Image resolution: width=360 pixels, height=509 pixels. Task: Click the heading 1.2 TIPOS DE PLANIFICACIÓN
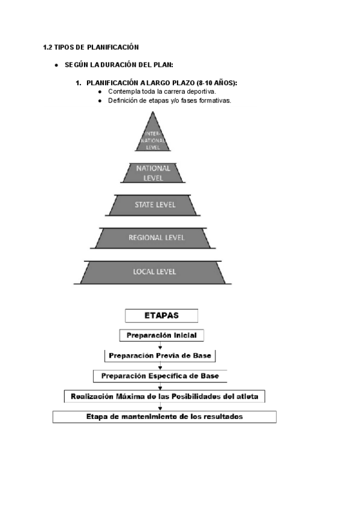91,47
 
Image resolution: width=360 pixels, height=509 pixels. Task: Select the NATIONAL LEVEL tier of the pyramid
153,172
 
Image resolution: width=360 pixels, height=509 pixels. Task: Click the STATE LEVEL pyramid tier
154,205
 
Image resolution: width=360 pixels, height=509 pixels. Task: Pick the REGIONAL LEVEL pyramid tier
154,238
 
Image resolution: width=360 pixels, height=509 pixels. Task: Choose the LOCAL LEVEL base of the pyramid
154,272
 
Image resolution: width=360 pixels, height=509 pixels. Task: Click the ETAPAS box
161,315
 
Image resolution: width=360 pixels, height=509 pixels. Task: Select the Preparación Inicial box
162,335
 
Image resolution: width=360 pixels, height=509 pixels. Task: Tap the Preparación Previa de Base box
161,355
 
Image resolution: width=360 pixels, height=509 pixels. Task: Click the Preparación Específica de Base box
160,376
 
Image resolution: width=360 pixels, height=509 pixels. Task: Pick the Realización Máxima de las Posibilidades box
164,396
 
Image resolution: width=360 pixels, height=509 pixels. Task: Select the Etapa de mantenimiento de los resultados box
164,417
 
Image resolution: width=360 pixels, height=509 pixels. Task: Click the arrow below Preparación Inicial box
160,345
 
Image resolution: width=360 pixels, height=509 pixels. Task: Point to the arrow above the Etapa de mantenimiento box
160,406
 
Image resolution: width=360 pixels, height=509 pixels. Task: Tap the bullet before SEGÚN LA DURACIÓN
55,65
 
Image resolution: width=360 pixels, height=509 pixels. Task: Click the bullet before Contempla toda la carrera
100,91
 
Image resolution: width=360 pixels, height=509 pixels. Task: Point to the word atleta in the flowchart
251,396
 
